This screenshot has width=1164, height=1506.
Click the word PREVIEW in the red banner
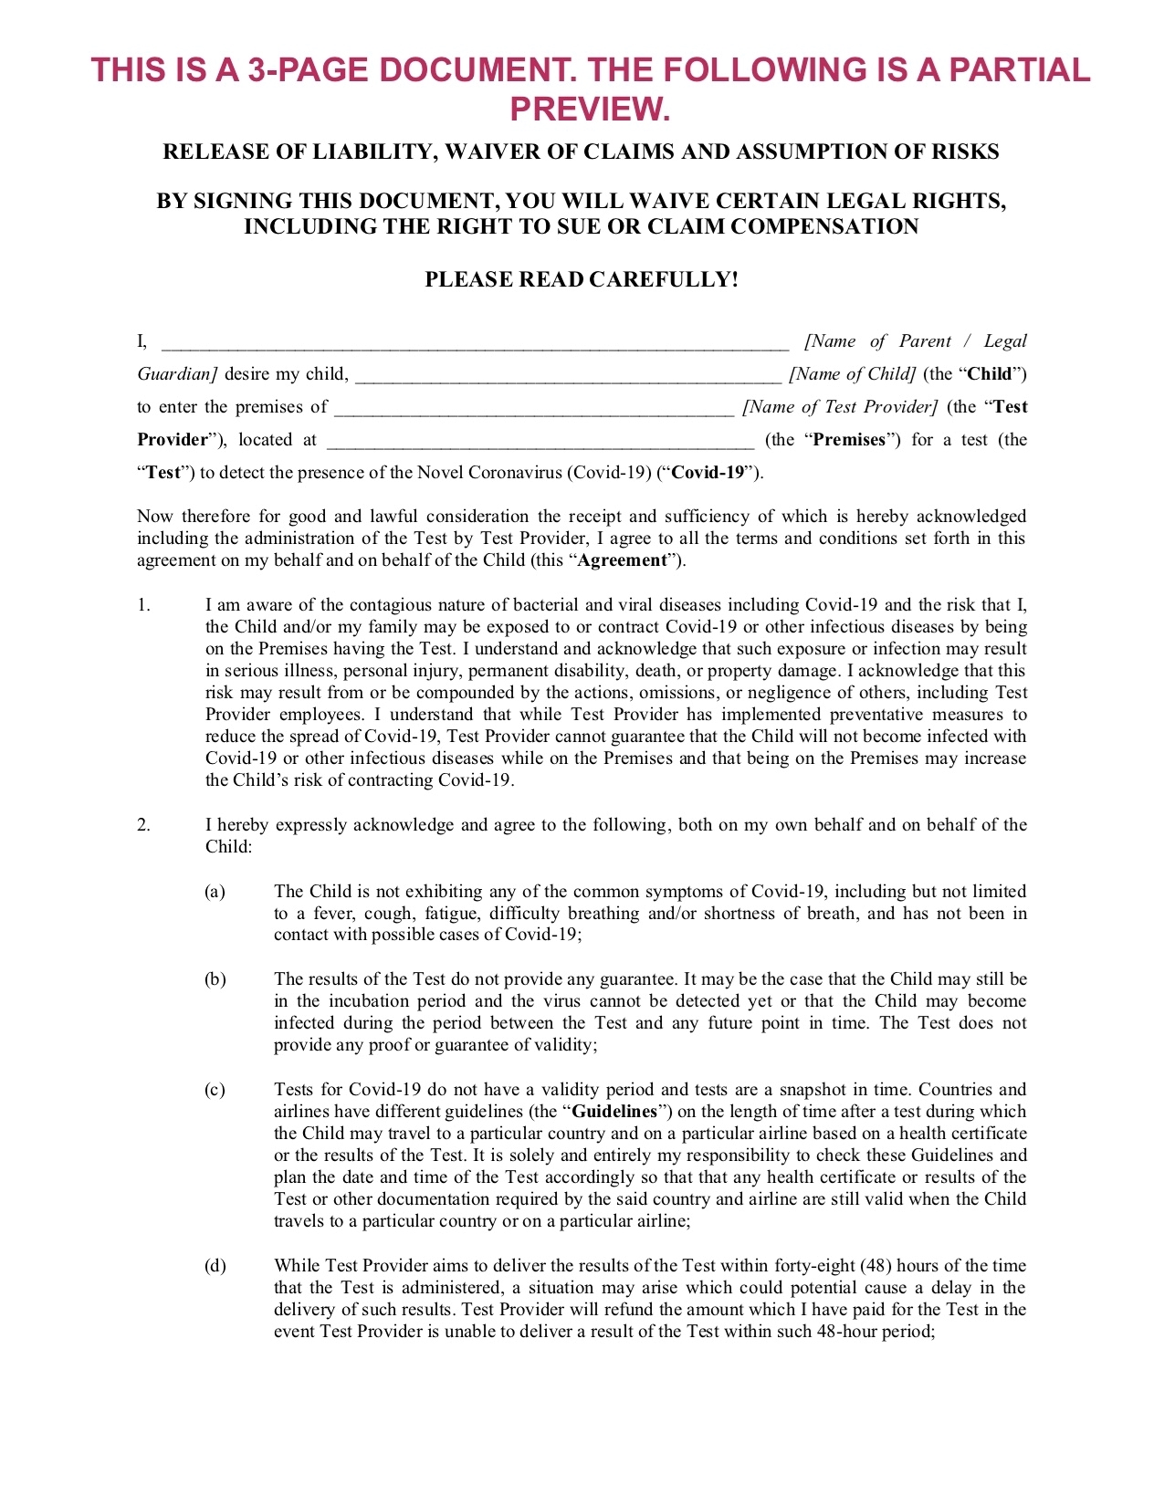[x=589, y=110]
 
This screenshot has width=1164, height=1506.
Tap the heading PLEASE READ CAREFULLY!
[x=582, y=279]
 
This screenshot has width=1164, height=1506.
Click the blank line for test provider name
[x=534, y=409]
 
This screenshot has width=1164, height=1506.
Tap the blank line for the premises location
[x=540, y=442]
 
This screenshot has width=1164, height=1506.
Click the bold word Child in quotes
[x=990, y=374]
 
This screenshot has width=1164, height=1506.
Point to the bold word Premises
[x=849, y=440]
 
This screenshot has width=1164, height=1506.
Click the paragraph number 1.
[x=143, y=605]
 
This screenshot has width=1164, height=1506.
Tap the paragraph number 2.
[x=143, y=825]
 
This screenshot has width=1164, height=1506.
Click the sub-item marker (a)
[x=215, y=892]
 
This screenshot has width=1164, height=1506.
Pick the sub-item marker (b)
[x=215, y=979]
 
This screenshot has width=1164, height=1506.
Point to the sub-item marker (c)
[x=215, y=1090]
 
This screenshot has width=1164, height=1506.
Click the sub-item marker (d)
[x=215, y=1266]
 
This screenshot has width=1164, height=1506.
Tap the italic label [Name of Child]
[x=853, y=374]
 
